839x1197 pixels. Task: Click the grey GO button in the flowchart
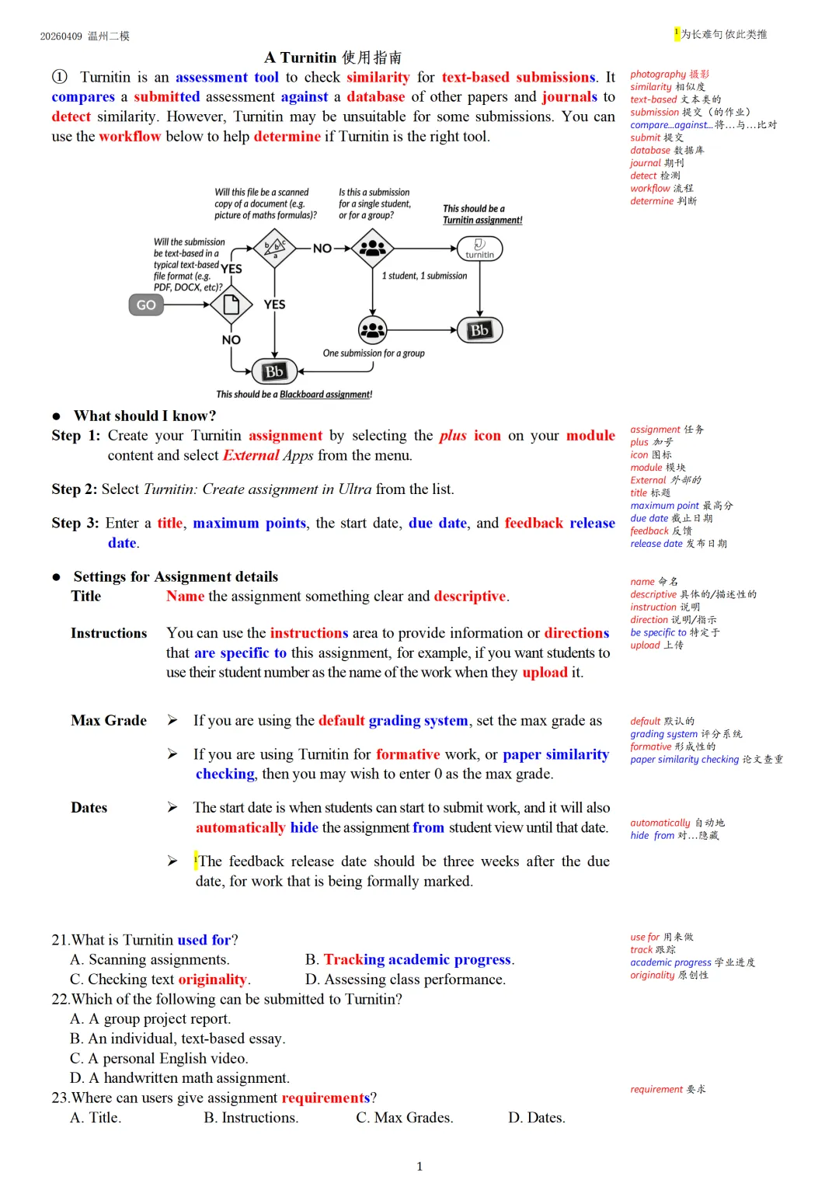pyautogui.click(x=146, y=304)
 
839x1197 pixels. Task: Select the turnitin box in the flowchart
pyautogui.click(x=479, y=249)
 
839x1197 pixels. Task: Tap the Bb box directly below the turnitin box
pyautogui.click(x=479, y=330)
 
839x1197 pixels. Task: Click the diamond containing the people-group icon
pyautogui.click(x=373, y=249)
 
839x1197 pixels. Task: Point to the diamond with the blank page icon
pyautogui.click(x=232, y=304)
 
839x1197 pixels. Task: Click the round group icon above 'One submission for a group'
pyautogui.click(x=373, y=330)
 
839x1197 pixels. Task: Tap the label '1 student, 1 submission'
pyautogui.click(x=424, y=276)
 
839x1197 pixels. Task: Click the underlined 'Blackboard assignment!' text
pyautogui.click(x=326, y=395)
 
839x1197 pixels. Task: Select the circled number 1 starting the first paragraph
pyautogui.click(x=60, y=77)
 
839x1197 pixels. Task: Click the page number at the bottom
pyautogui.click(x=419, y=1166)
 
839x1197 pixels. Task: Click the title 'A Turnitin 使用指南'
pyautogui.click(x=332, y=57)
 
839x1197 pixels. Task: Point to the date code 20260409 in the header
pyautogui.click(x=61, y=37)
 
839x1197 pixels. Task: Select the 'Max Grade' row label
pyautogui.click(x=109, y=720)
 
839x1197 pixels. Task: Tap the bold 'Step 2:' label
pyautogui.click(x=75, y=489)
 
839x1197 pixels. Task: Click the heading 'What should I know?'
pyautogui.click(x=144, y=416)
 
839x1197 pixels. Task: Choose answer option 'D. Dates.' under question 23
pyautogui.click(x=536, y=1117)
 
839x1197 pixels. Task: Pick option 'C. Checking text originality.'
pyautogui.click(x=160, y=979)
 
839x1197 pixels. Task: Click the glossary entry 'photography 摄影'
pyautogui.click(x=669, y=75)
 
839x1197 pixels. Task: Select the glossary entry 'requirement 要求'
pyautogui.click(x=667, y=1089)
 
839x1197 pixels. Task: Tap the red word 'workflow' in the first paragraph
pyautogui.click(x=130, y=136)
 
